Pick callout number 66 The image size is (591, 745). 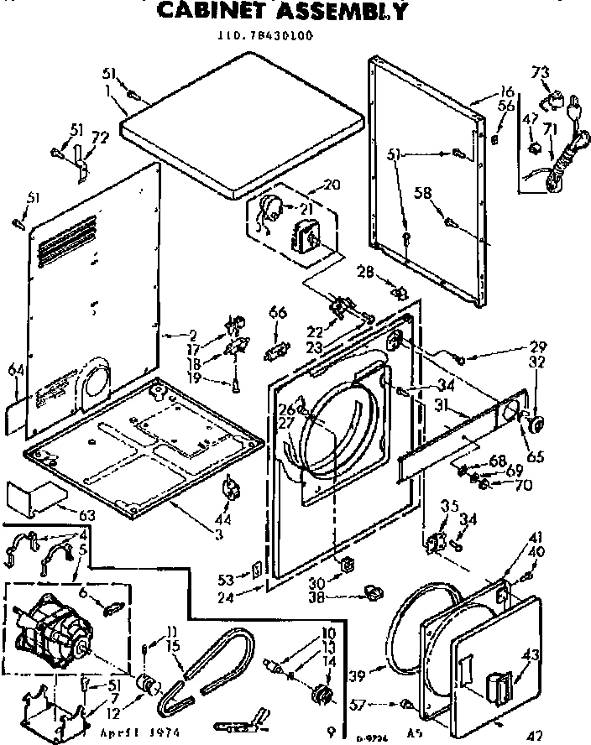pos(278,313)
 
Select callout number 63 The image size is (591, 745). pos(62,514)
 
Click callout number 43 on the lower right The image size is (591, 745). pos(531,656)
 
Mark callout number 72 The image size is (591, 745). pos(99,137)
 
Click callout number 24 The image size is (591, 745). pos(247,599)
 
